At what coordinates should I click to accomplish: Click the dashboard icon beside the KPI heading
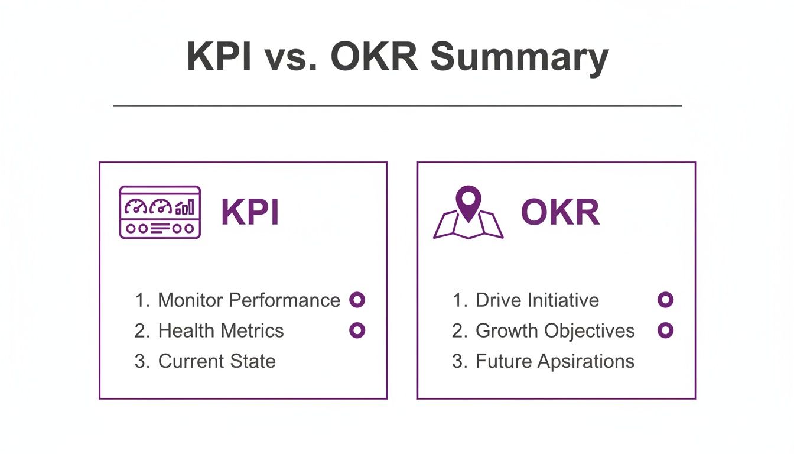(160, 212)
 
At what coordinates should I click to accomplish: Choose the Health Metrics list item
(220, 330)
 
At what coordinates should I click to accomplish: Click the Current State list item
(216, 361)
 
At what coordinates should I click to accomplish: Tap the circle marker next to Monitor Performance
(357, 300)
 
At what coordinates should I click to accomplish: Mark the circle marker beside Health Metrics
(357, 330)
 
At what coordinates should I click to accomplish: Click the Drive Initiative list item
(537, 300)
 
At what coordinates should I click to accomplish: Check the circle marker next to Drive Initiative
(665, 300)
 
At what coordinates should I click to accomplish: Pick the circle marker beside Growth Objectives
(665, 330)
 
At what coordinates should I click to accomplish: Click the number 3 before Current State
(140, 361)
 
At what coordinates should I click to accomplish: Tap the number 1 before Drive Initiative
(457, 300)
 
